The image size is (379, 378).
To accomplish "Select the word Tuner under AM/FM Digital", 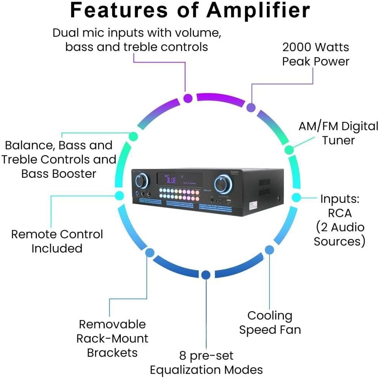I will (338, 140).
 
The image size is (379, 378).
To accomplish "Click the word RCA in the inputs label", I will (340, 213).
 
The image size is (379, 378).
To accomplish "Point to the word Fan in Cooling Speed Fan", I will (290, 330).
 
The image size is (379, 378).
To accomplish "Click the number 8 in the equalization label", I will (183, 355).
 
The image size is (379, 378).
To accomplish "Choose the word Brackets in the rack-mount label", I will (112, 352).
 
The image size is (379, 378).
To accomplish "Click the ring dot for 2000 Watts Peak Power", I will (251, 108).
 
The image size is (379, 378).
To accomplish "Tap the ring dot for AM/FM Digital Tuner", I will (289, 149).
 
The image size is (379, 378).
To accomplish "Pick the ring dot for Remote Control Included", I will (120, 196).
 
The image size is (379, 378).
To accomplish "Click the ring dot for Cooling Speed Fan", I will (269, 249).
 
